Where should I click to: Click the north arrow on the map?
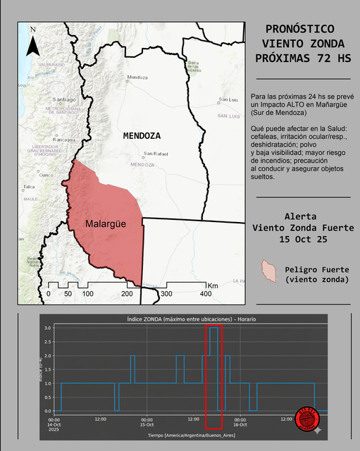coord(32,42)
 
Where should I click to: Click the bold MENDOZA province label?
coord(141,135)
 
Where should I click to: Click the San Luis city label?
coord(228,99)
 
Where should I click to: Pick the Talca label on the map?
coord(29,187)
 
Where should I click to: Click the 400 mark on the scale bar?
coord(206,293)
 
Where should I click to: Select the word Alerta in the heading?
coord(300,216)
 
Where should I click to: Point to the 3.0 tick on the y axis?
coord(48,328)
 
